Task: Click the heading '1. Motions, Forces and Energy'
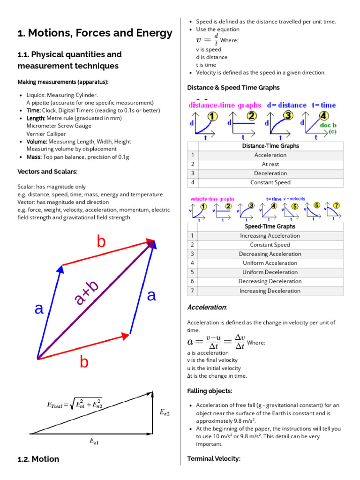coord(95,33)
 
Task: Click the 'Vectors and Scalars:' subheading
coord(47,172)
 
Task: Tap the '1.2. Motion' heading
coord(38,459)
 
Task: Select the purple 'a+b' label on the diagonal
coord(86,293)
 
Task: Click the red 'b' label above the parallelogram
coord(101,242)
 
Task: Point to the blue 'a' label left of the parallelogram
coord(39,309)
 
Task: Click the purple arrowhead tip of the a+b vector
coord(152,242)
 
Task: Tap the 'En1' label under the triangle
coord(94,441)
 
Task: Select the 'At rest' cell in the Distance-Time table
coord(270,164)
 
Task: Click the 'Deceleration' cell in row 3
coord(270,173)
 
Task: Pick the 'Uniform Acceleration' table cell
coord(270,263)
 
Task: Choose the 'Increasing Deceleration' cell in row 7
coord(270,291)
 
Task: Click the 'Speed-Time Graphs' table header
coord(270,226)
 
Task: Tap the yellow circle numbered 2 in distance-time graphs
coord(253,116)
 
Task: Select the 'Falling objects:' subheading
coord(210,391)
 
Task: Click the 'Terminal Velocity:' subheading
coord(213,458)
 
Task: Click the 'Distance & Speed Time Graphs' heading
coord(233,88)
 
